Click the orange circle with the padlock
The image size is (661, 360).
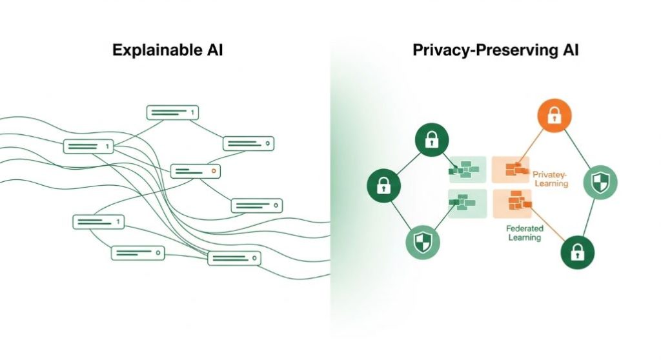[x=554, y=116]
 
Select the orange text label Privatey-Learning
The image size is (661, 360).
[x=551, y=178]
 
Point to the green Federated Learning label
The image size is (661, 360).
[x=524, y=233]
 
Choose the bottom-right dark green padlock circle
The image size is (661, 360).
[x=577, y=252]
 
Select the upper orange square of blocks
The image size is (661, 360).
[x=511, y=170]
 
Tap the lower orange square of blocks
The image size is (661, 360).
[x=512, y=204]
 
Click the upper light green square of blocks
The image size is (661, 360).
[x=467, y=170]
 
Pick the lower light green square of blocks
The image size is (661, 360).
[x=467, y=204]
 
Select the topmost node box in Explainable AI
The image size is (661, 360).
[x=172, y=112]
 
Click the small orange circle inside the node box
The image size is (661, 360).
[x=214, y=172]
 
